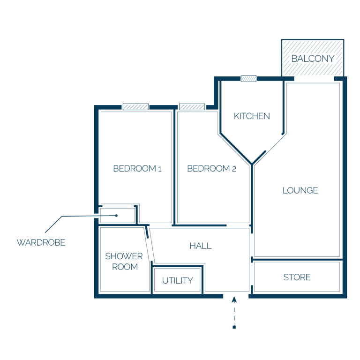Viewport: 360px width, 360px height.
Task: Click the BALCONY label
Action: pos(313,59)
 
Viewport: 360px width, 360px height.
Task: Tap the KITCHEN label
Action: pos(252,116)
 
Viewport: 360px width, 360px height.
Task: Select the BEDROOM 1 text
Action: pos(137,169)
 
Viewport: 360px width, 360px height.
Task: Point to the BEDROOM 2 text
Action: pos(211,169)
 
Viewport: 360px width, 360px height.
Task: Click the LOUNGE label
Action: pos(300,190)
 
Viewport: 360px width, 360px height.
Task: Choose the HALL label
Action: pos(201,246)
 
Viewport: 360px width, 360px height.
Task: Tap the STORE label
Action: pos(297,277)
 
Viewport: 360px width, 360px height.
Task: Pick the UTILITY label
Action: pos(178,281)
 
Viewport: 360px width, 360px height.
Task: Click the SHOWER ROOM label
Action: pos(124,262)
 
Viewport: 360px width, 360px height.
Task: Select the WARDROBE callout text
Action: pos(41,242)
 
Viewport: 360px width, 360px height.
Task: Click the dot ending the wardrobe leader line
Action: pos(116,216)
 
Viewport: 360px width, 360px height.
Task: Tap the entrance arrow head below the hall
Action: pos(234,300)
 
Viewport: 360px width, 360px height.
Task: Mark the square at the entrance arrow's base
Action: pos(234,327)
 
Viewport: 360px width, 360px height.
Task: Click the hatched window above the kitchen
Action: pos(248,79)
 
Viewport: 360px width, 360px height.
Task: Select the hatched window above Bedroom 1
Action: pos(135,107)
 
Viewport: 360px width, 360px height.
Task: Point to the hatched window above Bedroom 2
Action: pos(192,107)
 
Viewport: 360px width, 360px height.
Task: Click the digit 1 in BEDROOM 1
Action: pos(160,169)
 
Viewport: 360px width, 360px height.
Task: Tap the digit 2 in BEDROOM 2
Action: pos(234,169)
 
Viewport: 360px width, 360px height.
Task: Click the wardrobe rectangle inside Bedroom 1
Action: pos(118,216)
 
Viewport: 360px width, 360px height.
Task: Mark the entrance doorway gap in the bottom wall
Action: pos(236,296)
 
